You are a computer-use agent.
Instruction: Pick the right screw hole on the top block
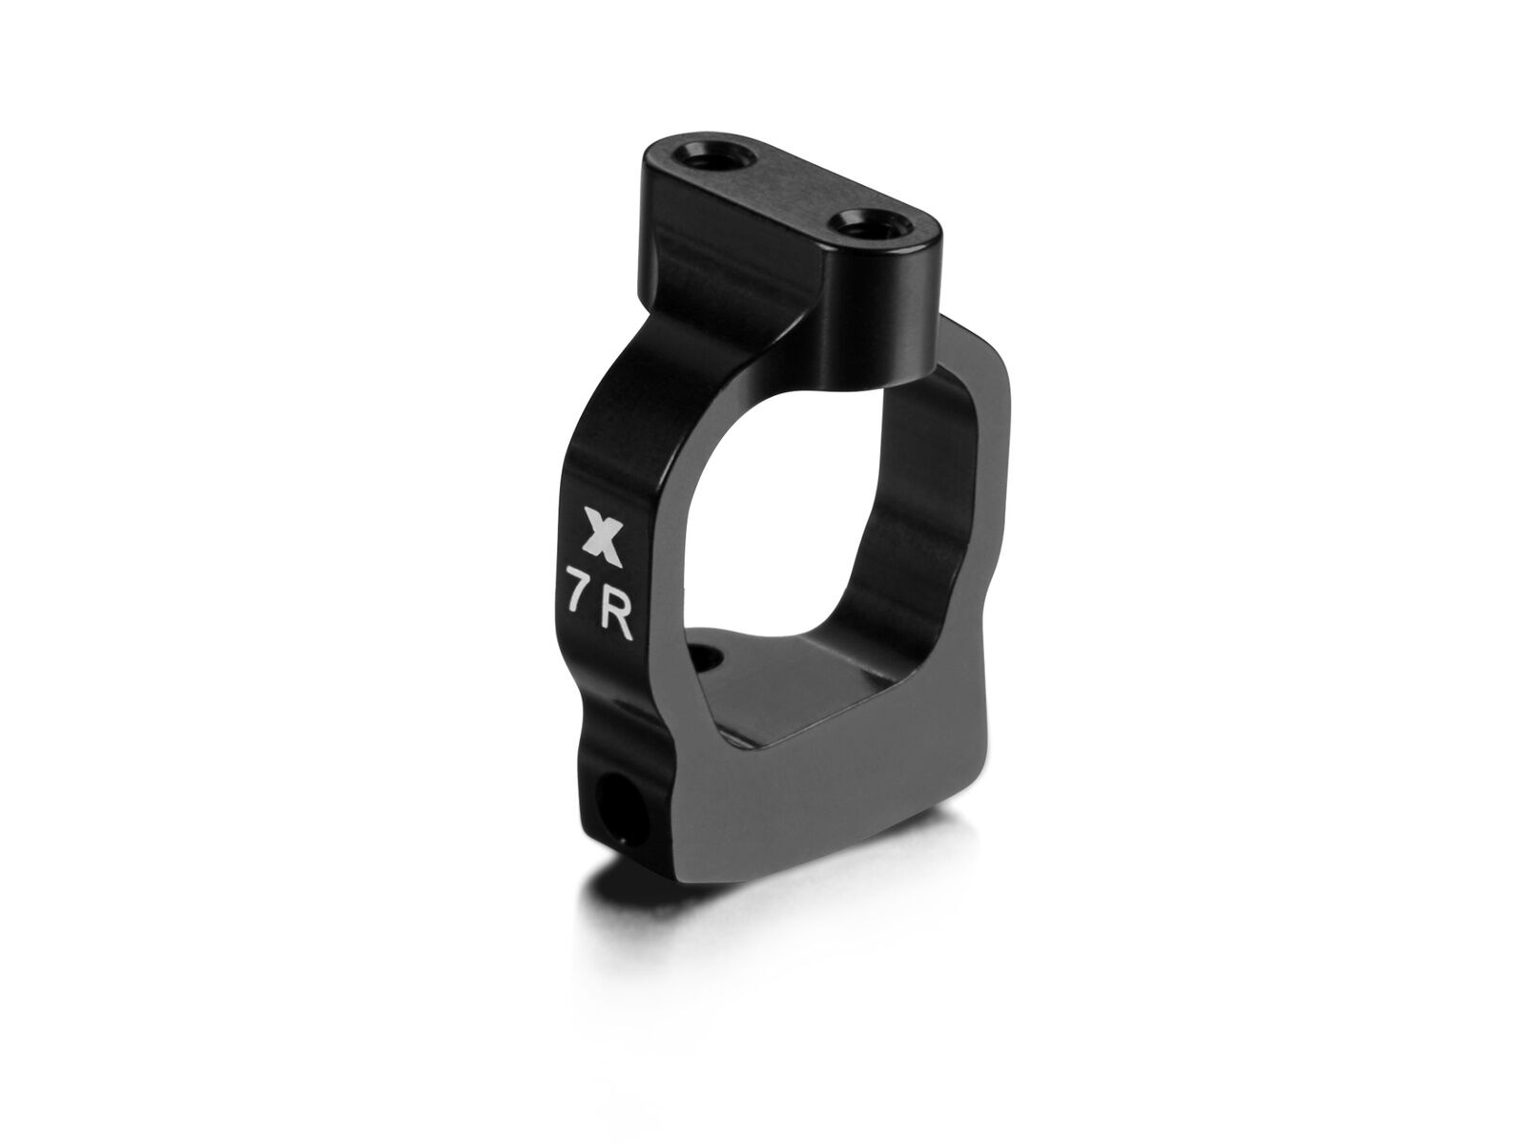click(861, 227)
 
